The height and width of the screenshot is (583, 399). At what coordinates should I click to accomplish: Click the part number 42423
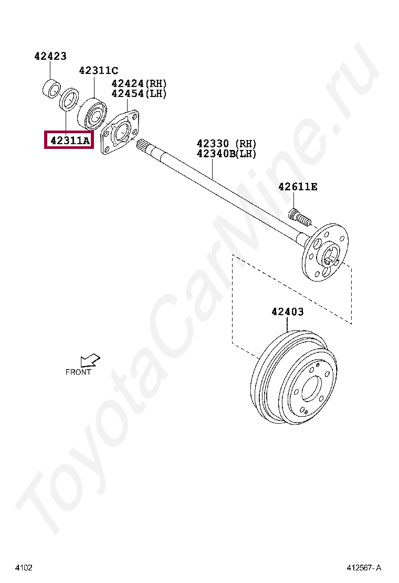(x=50, y=56)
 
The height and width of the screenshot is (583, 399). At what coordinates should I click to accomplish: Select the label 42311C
(x=98, y=70)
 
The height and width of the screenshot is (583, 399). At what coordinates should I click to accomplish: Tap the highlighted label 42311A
(x=70, y=140)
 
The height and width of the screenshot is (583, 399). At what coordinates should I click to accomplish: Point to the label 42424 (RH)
(x=139, y=83)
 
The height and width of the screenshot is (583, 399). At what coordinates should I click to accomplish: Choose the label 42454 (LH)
(x=139, y=93)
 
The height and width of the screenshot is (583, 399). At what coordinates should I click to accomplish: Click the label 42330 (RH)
(x=226, y=144)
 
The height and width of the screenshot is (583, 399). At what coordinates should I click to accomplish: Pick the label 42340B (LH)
(x=226, y=154)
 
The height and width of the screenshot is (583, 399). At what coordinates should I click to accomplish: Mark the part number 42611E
(x=298, y=187)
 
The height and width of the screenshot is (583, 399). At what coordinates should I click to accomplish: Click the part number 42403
(x=287, y=311)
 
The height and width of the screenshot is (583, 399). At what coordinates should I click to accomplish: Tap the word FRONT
(x=78, y=372)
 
